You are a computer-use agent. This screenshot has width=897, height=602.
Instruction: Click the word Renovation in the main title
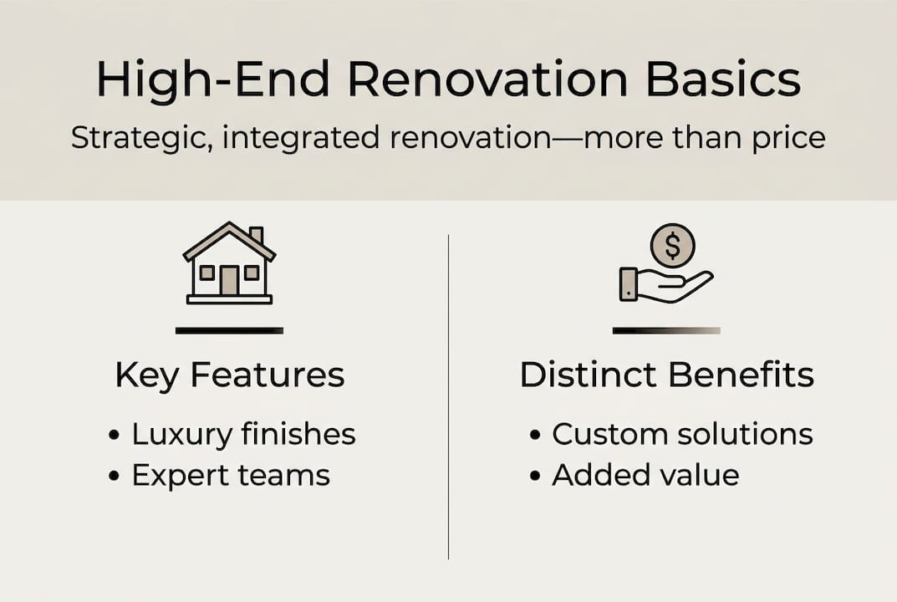488,79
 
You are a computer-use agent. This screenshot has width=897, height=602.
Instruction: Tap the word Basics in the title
723,79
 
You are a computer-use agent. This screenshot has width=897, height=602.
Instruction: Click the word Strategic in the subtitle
138,139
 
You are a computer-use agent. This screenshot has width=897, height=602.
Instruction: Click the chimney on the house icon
257,235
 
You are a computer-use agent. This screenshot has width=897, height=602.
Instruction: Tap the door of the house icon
229,280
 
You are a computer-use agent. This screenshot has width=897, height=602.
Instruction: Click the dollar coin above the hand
673,246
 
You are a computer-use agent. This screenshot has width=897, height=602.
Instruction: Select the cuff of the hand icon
629,284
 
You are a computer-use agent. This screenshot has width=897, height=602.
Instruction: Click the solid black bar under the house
229,330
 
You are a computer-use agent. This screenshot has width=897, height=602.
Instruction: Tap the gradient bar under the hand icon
666,330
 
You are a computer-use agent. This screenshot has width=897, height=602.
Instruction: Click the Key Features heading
230,376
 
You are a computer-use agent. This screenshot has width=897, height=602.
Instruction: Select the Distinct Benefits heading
667,375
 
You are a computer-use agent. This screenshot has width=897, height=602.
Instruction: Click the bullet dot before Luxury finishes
114,435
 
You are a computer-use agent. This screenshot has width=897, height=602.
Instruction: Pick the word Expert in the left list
181,476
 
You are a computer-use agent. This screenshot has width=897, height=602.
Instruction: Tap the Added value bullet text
646,475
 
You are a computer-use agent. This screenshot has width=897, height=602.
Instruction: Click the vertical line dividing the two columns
448,396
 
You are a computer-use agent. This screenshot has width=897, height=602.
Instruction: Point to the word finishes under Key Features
298,434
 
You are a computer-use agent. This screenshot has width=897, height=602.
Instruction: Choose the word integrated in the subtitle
301,139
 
